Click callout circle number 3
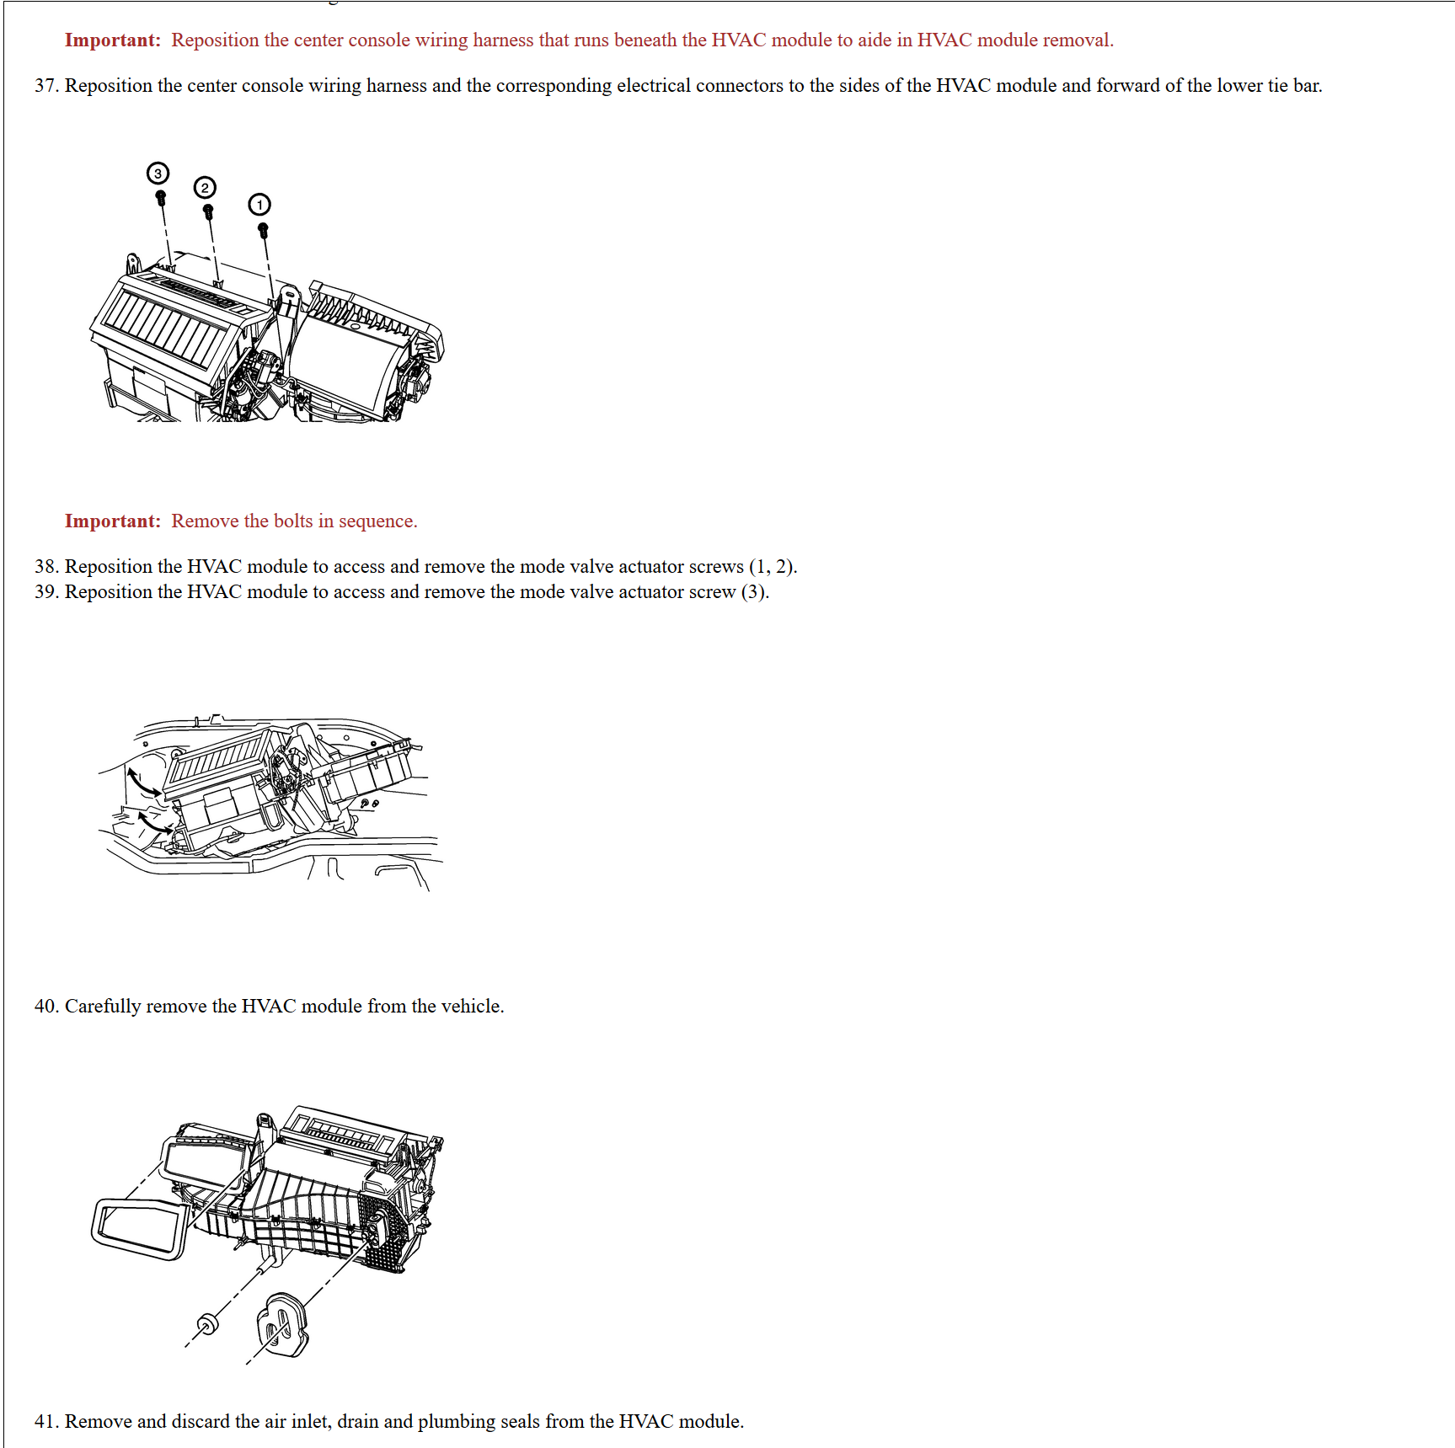click(x=158, y=174)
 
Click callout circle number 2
click(x=205, y=187)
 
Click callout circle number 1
click(x=259, y=205)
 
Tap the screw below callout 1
click(x=263, y=229)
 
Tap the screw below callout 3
click(x=161, y=198)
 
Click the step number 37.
click(x=45, y=86)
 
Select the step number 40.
click(x=45, y=1007)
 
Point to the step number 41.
click(x=45, y=1422)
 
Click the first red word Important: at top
click(x=112, y=40)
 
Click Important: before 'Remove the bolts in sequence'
click(x=112, y=521)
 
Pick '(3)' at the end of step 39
click(x=754, y=592)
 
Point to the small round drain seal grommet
click(x=206, y=1322)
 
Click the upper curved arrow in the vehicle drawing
click(x=143, y=783)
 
